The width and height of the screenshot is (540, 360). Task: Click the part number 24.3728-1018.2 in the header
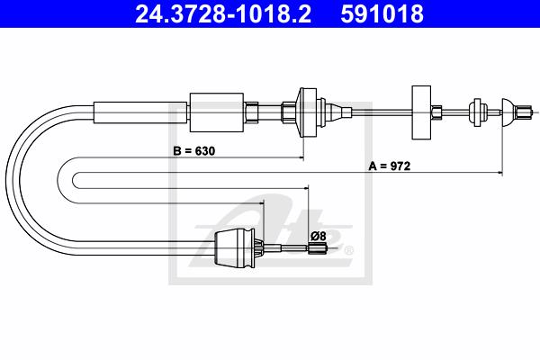coord(223,14)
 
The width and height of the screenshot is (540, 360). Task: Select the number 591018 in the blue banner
coord(382,14)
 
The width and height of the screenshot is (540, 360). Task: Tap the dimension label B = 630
coord(193,151)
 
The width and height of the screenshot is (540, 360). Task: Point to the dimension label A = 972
coord(390,166)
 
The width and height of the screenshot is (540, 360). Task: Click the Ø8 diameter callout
coord(319,237)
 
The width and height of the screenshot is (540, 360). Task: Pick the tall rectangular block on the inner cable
coord(421,112)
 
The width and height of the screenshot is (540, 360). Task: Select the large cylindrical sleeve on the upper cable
coord(217,112)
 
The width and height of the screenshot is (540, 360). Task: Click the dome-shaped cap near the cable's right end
coord(508,112)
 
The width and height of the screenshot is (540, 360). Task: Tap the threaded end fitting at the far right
coord(523,112)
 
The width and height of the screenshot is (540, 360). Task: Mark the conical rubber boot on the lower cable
coord(235,248)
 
